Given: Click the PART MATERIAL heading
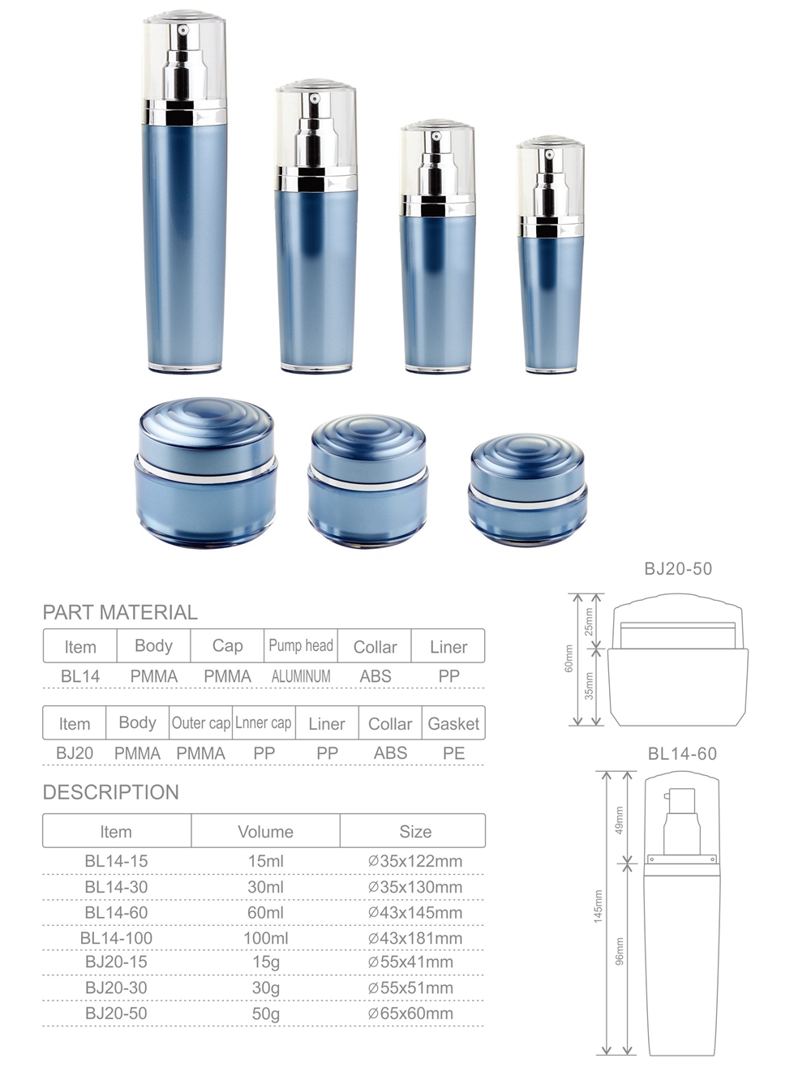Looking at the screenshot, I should coord(120,612).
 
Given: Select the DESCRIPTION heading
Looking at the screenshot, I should coord(110,792).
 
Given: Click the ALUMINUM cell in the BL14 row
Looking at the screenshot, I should coord(301,675).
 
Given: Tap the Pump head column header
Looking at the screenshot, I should coord(301,646).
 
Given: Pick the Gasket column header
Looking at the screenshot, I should coord(453,723).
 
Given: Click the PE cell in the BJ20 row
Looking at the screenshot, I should coord(453,753).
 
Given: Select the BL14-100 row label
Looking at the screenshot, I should coord(116,938).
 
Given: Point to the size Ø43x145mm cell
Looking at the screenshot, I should coord(414,912).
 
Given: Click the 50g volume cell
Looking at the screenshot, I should coord(265,1013).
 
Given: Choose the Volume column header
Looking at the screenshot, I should coord(265,832).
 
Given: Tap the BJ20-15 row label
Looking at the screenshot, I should coord(116,962).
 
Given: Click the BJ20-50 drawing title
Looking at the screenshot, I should coord(678,569).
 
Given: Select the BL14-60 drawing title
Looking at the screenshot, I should coord(682,754).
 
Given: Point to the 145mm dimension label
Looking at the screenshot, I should coord(599,906).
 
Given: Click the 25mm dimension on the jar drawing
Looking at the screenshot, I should coord(590,621).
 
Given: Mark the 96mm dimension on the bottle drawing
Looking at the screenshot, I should coord(620,951).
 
